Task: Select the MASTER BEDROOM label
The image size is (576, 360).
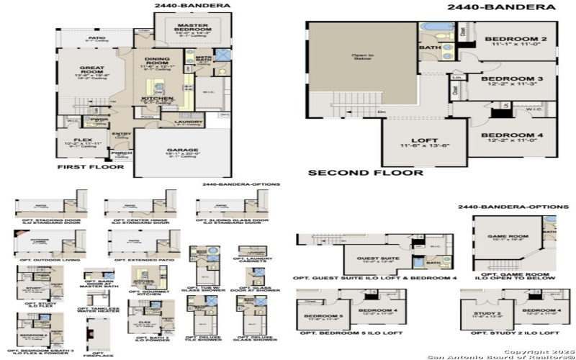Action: [192, 28]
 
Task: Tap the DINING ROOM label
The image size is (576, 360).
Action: [156, 61]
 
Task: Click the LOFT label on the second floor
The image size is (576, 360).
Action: [419, 142]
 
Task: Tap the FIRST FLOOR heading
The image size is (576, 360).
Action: [90, 166]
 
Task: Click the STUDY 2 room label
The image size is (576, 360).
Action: [487, 314]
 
